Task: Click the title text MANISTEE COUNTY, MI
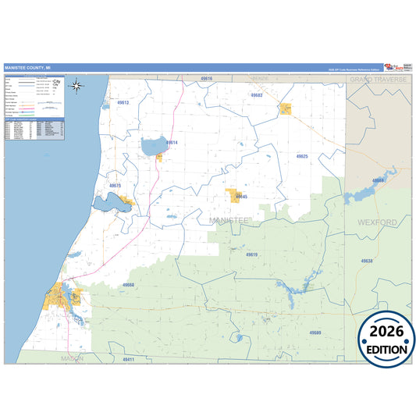(28, 68)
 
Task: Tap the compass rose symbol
(76, 86)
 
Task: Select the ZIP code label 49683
(257, 94)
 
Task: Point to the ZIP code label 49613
(123, 102)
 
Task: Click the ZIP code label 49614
(172, 143)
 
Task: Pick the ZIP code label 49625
(302, 157)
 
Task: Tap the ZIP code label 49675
(115, 185)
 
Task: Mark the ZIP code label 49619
(251, 254)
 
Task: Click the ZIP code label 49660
(128, 285)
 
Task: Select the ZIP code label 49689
(315, 332)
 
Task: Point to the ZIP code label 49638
(367, 261)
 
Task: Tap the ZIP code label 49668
(378, 180)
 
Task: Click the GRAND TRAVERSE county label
(379, 80)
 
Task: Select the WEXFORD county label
(378, 222)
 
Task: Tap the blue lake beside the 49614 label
(153, 145)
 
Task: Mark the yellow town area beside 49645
(232, 195)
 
